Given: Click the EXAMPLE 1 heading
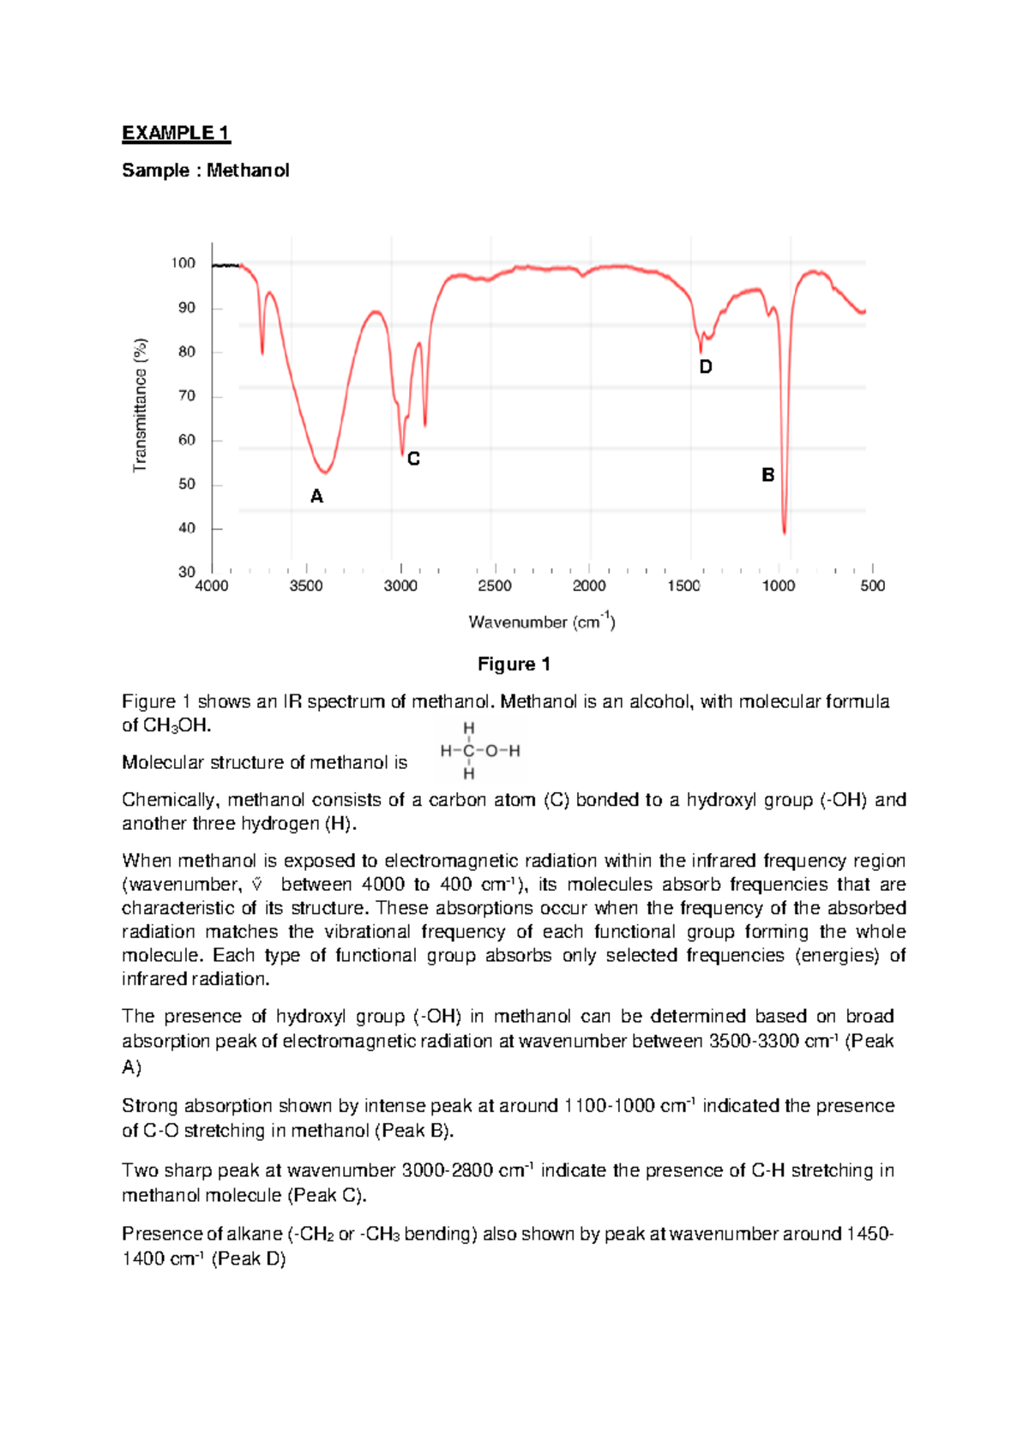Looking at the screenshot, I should point(176,133).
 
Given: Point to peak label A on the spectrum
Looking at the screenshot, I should point(316,496).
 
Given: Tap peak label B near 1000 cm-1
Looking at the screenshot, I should point(768,475).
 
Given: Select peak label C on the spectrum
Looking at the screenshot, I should point(413,460).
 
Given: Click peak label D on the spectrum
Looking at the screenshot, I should point(705,367).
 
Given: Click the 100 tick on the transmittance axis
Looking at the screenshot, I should point(184,263).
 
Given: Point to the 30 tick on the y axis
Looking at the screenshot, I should point(186,572).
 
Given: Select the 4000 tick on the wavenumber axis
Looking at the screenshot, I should point(212,586).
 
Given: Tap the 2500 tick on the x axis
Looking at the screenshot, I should point(495,586).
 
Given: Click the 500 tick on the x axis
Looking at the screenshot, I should point(872,586).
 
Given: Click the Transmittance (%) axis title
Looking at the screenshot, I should point(141,405).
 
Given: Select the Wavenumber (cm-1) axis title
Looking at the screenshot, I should point(541,622).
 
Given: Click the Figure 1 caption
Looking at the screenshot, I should point(514,664).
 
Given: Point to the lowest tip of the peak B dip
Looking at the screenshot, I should point(785,532).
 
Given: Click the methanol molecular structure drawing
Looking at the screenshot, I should point(479,751).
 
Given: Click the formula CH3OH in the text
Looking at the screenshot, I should point(175,726).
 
